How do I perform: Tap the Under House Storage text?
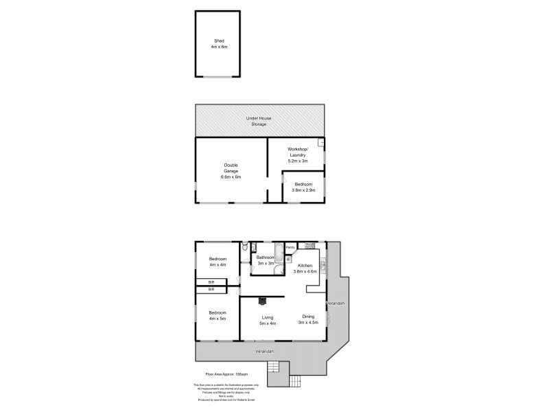259,121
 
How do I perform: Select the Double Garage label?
231,170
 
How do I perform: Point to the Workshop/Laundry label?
297,154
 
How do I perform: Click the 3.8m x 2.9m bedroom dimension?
303,190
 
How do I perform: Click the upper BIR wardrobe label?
202,282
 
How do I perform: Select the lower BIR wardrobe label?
202,290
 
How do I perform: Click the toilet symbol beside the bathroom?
245,247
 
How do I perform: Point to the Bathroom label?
266,260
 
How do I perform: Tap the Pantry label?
290,247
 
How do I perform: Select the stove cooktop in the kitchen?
309,245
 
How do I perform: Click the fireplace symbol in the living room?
261,300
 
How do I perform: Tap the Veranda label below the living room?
265,352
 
